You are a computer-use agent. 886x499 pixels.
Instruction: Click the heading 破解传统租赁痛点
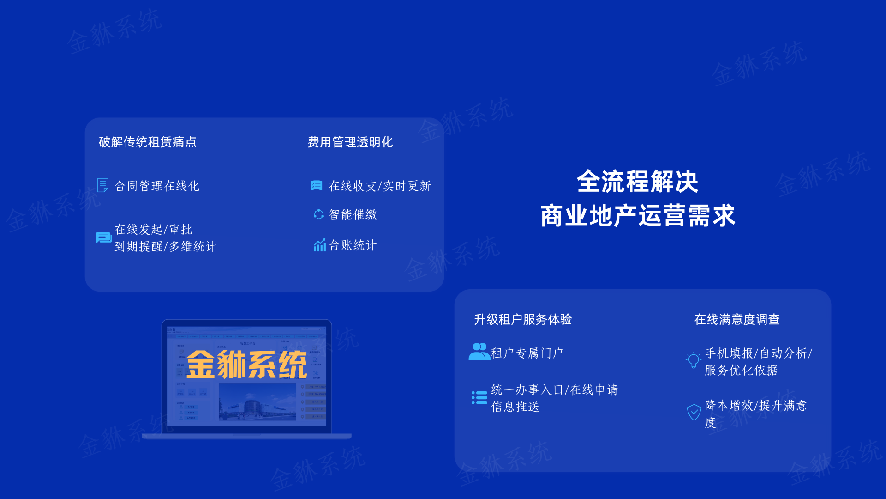point(148,142)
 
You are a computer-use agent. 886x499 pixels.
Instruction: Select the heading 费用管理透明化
point(350,142)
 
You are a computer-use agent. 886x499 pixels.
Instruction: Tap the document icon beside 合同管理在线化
point(103,185)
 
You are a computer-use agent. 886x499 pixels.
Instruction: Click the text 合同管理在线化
point(157,186)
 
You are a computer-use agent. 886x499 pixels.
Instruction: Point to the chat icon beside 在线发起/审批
point(104,237)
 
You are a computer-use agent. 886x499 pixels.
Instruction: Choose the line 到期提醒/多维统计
point(165,246)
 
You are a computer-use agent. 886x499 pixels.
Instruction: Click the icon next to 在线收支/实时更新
point(317,186)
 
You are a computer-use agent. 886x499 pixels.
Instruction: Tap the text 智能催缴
point(353,214)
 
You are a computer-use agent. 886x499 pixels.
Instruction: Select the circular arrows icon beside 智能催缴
point(318,214)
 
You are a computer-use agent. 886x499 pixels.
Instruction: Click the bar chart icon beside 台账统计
point(319,245)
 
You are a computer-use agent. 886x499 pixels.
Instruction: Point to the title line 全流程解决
point(637,181)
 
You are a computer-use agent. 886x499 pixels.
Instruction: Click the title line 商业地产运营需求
point(637,215)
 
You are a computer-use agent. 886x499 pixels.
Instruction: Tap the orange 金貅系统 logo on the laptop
point(246,364)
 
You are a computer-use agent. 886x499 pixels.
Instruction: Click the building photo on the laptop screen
point(257,402)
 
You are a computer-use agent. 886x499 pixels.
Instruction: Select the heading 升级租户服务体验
point(523,319)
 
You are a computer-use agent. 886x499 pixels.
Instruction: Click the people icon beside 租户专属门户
point(479,352)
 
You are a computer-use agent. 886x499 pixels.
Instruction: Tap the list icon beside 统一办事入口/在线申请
point(479,397)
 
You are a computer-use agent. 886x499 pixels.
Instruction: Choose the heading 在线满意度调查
point(737,319)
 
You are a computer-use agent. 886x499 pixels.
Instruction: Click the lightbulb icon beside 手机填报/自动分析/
point(693,360)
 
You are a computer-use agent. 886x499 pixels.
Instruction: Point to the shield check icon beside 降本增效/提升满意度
point(694,412)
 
